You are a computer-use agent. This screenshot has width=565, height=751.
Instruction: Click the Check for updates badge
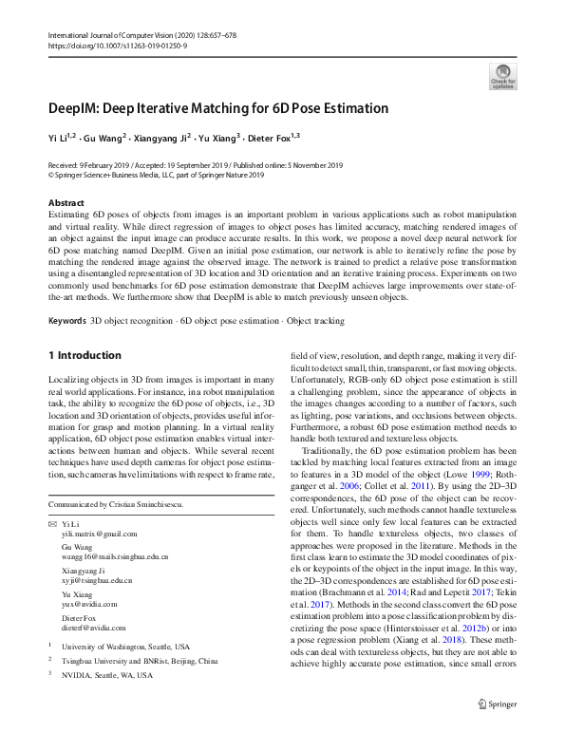[x=502, y=76]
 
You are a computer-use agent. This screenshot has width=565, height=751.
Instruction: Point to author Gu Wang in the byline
[x=106, y=138]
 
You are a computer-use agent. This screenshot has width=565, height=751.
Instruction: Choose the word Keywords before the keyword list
[x=66, y=321]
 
